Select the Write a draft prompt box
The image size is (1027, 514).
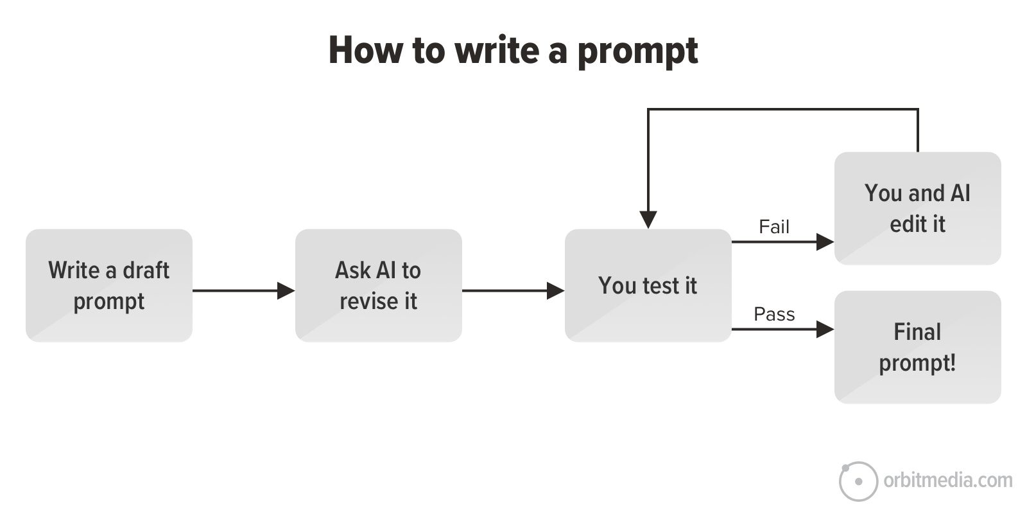(109, 285)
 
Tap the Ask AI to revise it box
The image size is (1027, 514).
(378, 285)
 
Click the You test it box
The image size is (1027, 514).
(648, 285)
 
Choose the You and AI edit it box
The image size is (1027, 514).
(917, 208)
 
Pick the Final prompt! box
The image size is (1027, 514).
(917, 347)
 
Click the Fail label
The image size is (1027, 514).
(773, 227)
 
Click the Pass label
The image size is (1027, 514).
(774, 314)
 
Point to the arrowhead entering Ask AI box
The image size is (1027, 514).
(286, 290)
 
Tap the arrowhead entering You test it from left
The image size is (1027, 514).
(555, 290)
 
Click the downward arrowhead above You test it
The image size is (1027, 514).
(648, 220)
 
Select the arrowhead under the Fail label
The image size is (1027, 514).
(825, 242)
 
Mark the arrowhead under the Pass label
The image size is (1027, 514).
(825, 329)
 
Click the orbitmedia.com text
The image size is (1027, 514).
(947, 480)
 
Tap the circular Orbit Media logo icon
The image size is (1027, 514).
(858, 481)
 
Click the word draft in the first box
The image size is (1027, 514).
(146, 270)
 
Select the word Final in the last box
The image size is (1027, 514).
(917, 332)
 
